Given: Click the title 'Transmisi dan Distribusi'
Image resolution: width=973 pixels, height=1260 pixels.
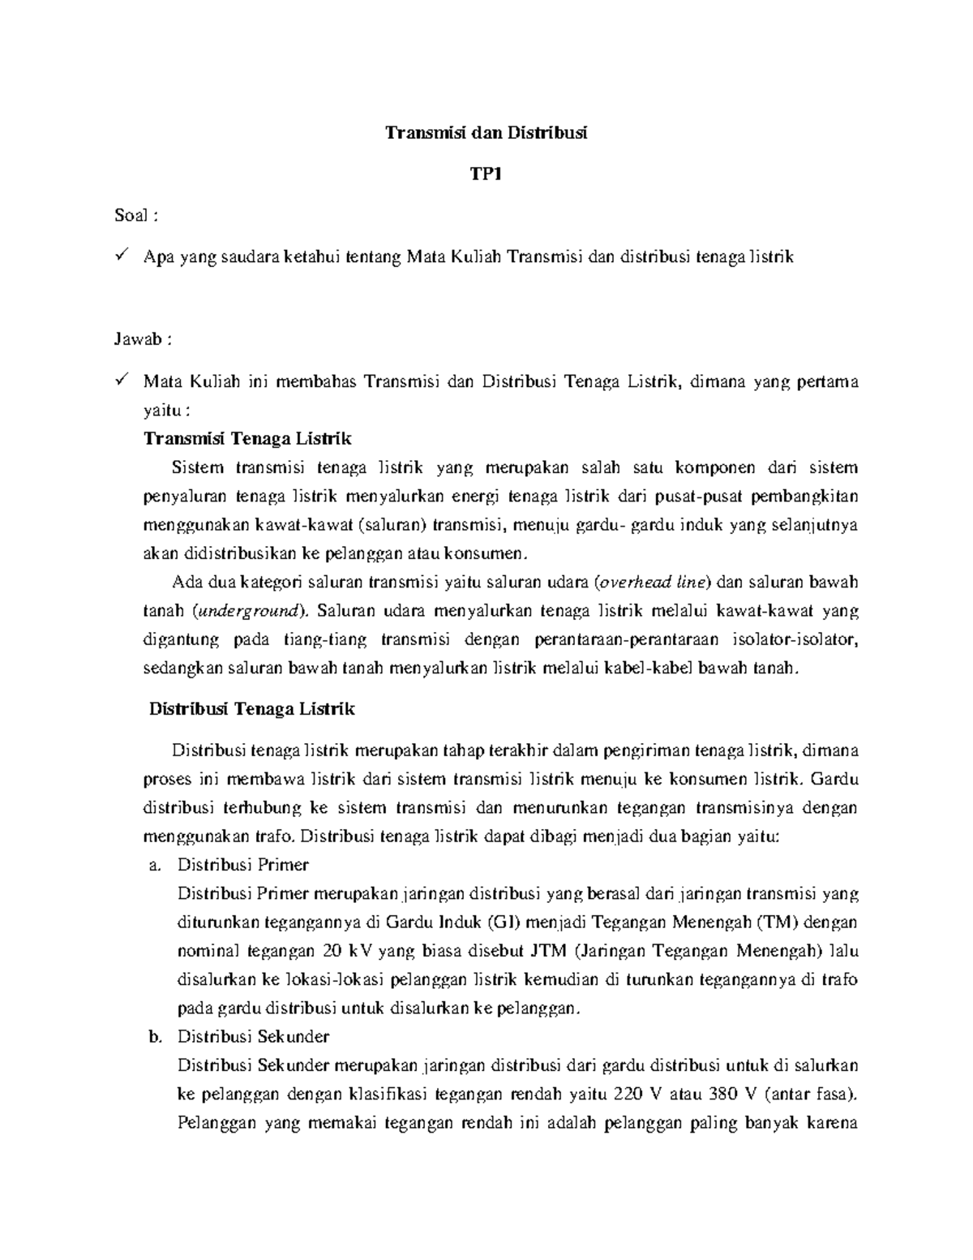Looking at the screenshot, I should tap(486, 133).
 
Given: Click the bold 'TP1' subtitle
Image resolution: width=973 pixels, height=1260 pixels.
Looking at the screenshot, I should tap(486, 174).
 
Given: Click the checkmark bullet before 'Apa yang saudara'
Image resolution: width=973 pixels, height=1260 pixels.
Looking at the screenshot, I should tap(121, 256).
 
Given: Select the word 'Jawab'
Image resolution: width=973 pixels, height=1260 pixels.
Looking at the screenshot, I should tap(137, 340).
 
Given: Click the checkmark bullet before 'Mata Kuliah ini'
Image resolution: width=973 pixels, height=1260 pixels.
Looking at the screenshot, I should tap(121, 381).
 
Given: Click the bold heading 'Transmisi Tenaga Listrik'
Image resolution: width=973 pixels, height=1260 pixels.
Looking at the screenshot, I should tap(246, 439).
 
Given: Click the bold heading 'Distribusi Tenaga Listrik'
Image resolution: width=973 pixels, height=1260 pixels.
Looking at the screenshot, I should tap(251, 708).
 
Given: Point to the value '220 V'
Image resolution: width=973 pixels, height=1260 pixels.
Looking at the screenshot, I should tap(632, 1094).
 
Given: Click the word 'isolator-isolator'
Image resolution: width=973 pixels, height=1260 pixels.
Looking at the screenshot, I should tap(799, 639).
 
